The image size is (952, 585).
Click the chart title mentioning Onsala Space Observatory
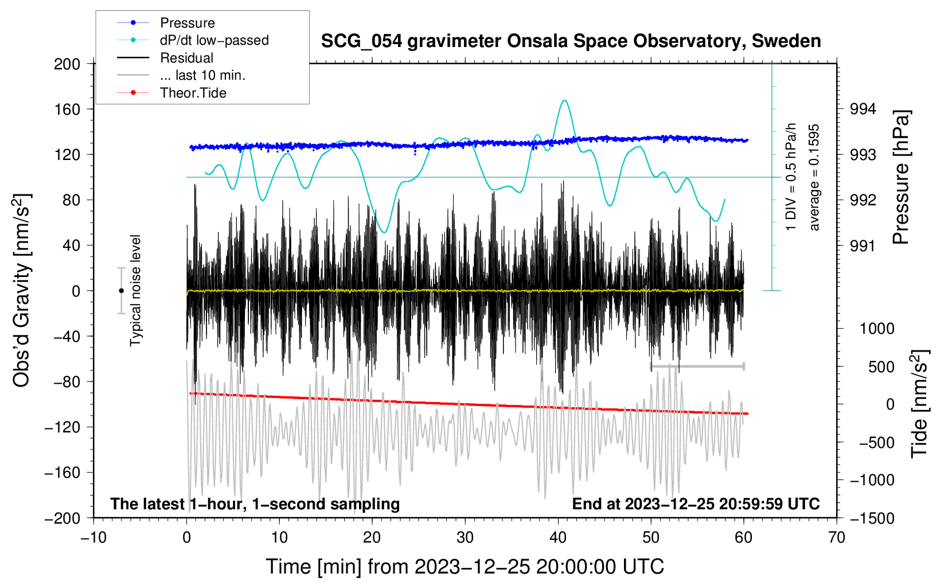click(571, 41)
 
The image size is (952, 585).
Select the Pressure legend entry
click(166, 22)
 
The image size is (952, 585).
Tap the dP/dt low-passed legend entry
click(193, 40)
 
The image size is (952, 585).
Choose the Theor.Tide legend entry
click(171, 93)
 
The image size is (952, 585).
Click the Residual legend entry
click(165, 58)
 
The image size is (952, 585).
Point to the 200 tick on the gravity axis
click(67, 64)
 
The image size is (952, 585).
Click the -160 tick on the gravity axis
click(63, 473)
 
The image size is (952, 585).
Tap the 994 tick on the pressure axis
click(863, 110)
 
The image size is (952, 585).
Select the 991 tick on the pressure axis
click(863, 245)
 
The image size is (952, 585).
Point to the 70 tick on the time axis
click(837, 537)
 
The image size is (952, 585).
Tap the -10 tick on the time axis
click(93, 537)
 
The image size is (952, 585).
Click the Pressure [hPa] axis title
click(902, 177)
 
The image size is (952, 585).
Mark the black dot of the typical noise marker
click(121, 291)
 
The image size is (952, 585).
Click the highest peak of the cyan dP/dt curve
click(564, 100)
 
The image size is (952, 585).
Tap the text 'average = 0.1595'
click(814, 177)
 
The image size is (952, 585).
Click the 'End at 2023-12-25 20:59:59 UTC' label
click(696, 504)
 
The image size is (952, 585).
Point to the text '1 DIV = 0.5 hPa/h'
click(790, 177)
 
